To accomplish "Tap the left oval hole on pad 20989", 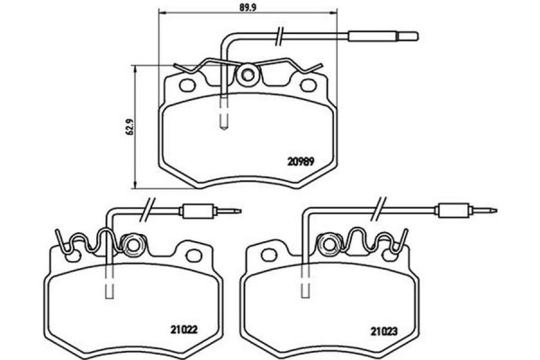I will coord(189,88).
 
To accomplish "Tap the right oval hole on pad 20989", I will coord(306,88).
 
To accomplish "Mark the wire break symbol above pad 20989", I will coord(283,37).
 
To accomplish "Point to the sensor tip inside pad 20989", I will coord(225,118).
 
